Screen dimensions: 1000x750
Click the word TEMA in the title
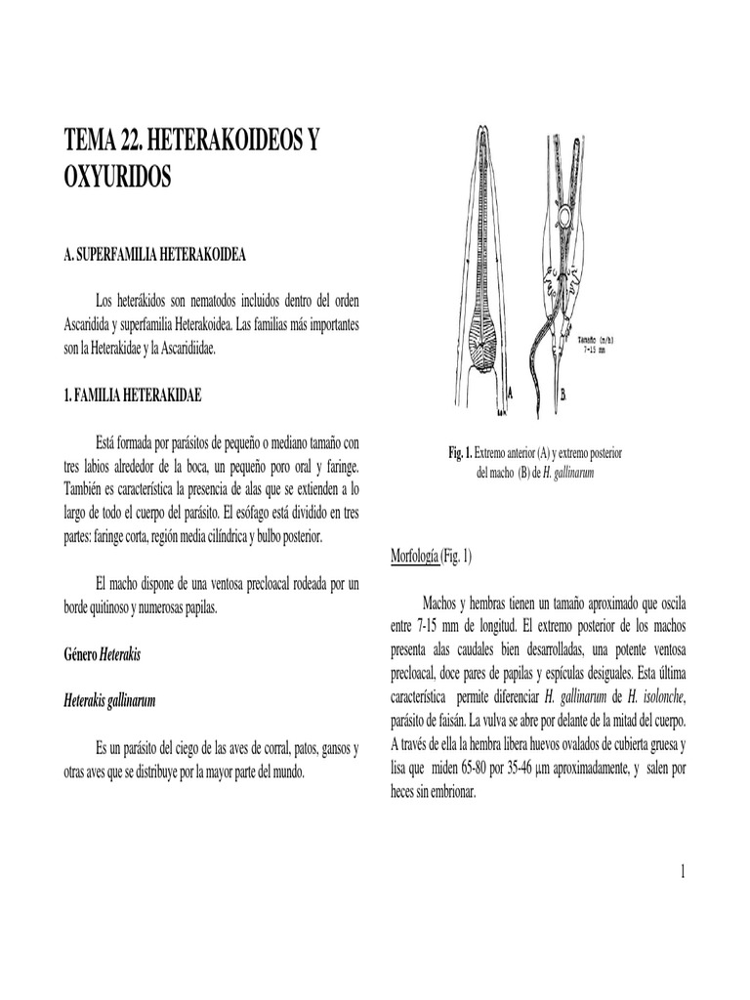click(87, 141)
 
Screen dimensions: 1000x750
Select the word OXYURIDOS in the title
click(117, 180)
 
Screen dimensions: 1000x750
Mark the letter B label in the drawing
click(563, 395)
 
